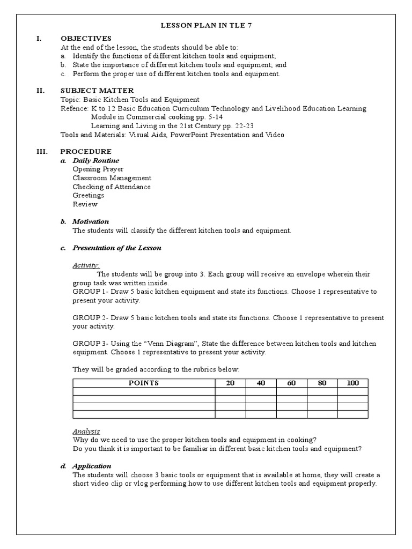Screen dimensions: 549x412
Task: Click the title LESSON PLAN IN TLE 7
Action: click(205, 25)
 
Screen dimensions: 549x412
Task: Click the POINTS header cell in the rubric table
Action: click(144, 383)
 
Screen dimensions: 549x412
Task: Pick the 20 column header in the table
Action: click(230, 383)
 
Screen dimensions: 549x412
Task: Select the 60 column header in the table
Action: click(291, 383)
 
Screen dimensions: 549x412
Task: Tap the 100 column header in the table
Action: click(352, 383)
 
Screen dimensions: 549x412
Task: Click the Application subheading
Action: click(92, 466)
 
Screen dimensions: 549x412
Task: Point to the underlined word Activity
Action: click(86, 265)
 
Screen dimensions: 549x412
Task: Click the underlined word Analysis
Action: click(86, 431)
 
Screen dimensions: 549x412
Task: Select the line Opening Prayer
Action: click(98, 169)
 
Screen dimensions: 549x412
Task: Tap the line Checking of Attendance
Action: click(112, 187)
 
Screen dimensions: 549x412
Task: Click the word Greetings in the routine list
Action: click(89, 195)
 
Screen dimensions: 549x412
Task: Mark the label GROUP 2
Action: click(90, 317)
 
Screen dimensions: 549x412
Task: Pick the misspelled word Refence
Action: click(75, 108)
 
